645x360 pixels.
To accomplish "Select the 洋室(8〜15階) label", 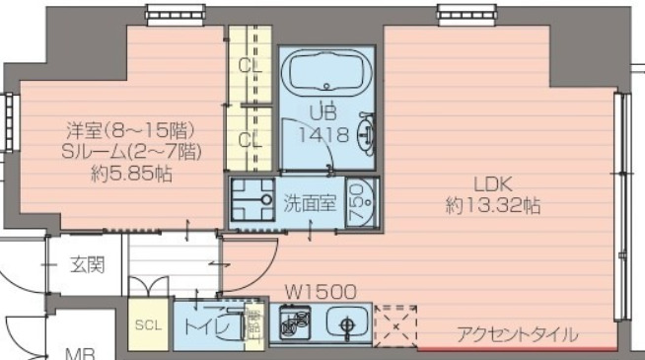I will [131, 129].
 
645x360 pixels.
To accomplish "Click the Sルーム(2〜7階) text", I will [131, 151].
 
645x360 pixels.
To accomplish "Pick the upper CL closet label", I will [250, 66].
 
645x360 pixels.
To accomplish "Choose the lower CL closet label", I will [250, 139].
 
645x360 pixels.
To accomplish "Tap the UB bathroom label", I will [322, 111].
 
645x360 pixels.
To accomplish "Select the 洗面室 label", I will [310, 203].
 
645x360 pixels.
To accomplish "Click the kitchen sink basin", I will [345, 324].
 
